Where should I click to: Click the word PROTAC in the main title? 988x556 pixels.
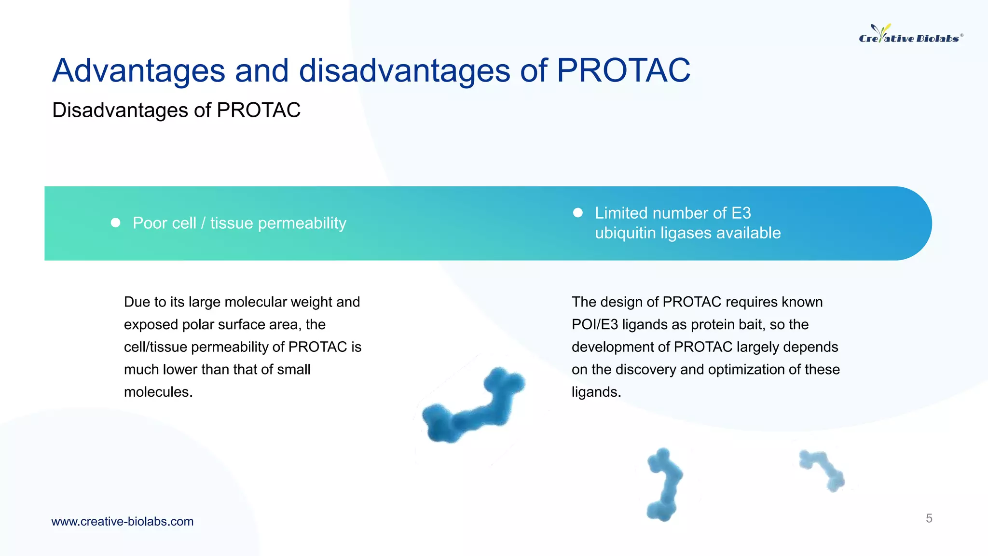pyautogui.click(x=623, y=71)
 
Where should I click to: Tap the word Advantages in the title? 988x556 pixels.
pyautogui.click(x=138, y=71)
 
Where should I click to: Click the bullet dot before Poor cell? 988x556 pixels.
pyautogui.click(x=115, y=222)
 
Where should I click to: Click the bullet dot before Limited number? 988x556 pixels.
pyautogui.click(x=577, y=212)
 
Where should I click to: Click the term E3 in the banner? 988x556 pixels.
pyautogui.click(x=741, y=213)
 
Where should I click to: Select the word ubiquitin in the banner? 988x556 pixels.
pyautogui.click(x=625, y=233)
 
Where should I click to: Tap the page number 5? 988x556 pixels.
pyautogui.click(x=929, y=518)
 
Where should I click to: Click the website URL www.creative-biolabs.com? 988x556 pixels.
pyautogui.click(x=123, y=521)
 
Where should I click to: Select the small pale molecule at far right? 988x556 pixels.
pyautogui.click(x=823, y=470)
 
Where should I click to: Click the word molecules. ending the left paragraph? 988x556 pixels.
pyautogui.click(x=158, y=392)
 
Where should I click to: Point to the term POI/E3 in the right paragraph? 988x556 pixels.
pyautogui.click(x=594, y=324)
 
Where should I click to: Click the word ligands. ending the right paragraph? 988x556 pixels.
pyautogui.click(x=596, y=392)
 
